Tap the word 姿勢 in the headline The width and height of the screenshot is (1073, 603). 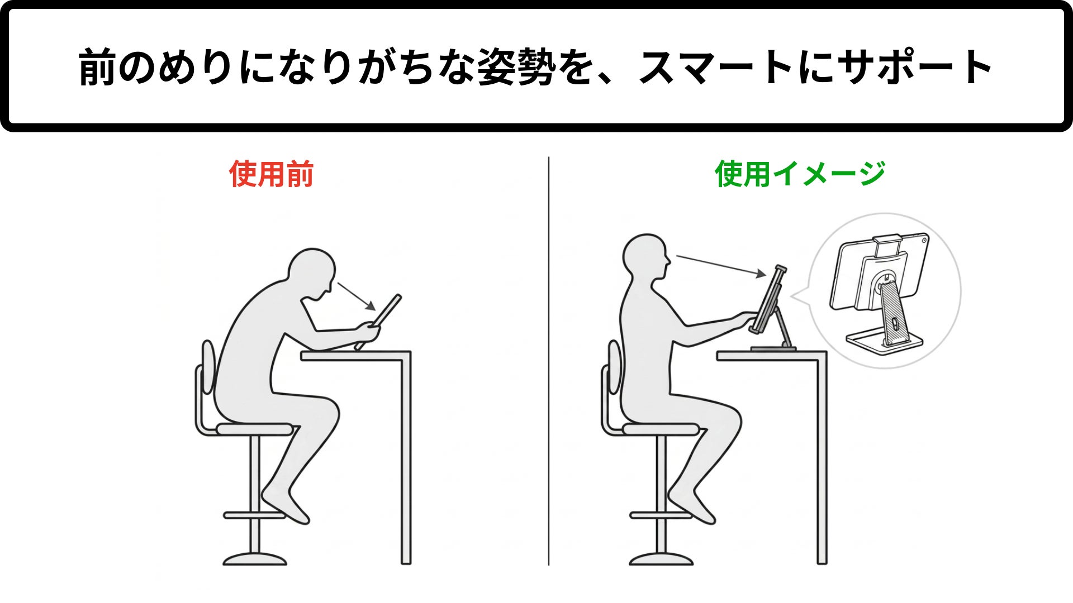click(x=517, y=67)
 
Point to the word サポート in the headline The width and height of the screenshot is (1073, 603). click(x=915, y=67)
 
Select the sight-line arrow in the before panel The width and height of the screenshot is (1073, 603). click(x=357, y=296)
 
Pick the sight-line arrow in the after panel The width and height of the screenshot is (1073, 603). click(x=721, y=266)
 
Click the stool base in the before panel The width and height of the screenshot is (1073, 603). click(x=255, y=559)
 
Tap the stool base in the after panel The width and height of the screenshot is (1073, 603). click(x=661, y=559)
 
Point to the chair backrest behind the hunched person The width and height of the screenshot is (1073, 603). click(x=208, y=367)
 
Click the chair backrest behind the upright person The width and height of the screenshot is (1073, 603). click(x=614, y=367)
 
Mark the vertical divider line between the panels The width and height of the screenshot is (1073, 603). click(x=549, y=361)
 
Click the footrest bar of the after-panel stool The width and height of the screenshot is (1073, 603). click(x=661, y=515)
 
